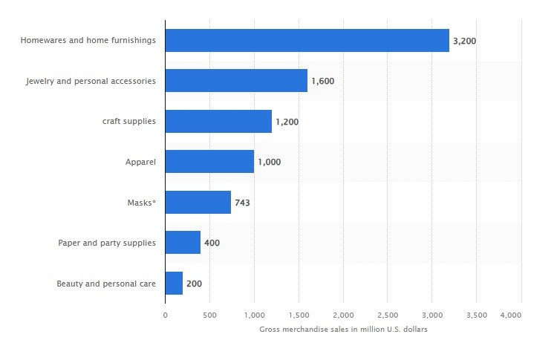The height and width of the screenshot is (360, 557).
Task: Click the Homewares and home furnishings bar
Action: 307,40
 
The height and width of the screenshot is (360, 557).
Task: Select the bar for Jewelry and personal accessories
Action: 236,80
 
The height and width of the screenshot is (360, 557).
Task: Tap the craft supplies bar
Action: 218,121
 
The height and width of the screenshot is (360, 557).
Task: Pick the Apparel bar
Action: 209,161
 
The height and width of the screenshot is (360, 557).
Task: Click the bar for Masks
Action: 198,202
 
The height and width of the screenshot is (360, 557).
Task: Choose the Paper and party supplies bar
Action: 183,242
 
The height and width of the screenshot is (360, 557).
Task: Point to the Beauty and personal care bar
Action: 174,283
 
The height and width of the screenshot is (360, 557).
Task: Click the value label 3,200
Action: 464,41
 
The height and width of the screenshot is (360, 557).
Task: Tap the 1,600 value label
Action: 322,81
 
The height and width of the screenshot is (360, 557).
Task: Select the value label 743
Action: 242,203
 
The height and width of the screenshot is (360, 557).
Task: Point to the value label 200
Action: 194,284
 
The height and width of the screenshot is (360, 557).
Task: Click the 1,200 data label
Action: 287,122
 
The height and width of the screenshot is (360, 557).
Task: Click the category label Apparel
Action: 140,162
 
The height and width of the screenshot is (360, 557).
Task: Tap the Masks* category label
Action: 142,202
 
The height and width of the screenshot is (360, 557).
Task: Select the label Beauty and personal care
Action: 106,284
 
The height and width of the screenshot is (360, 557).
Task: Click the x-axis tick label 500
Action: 209,315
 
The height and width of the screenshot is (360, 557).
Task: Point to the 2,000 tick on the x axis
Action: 343,315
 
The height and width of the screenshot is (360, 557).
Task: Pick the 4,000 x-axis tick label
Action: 511,315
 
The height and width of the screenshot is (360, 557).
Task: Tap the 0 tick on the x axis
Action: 165,315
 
